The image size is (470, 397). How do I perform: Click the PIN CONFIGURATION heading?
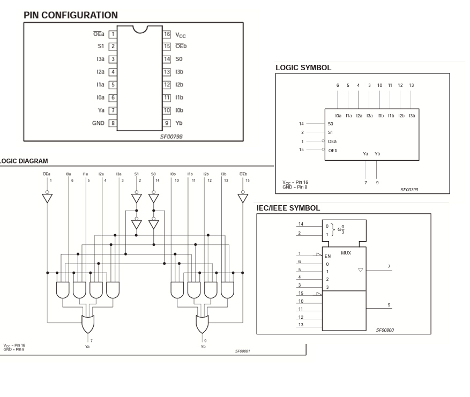point(70,16)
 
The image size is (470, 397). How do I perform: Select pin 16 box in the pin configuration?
point(167,34)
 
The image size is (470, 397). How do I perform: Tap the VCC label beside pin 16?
point(181,35)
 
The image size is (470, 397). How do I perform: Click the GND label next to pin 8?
point(98,123)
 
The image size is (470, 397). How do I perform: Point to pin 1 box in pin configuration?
point(113,34)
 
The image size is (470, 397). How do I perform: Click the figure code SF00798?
point(171,137)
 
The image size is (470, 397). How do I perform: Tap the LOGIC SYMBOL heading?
point(303,68)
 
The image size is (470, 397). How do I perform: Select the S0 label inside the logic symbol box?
point(330,124)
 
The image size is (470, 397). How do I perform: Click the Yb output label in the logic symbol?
point(377,154)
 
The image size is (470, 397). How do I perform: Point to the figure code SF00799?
point(409,190)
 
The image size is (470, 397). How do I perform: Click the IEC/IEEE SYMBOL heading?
point(288,208)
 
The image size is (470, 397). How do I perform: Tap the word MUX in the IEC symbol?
point(346,253)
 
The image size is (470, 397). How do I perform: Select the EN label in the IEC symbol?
point(328,256)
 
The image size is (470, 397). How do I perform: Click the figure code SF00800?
point(384,330)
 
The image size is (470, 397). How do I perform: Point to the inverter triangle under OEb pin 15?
point(243,198)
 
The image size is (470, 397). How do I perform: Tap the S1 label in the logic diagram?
point(137,174)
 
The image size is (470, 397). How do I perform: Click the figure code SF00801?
point(242,351)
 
